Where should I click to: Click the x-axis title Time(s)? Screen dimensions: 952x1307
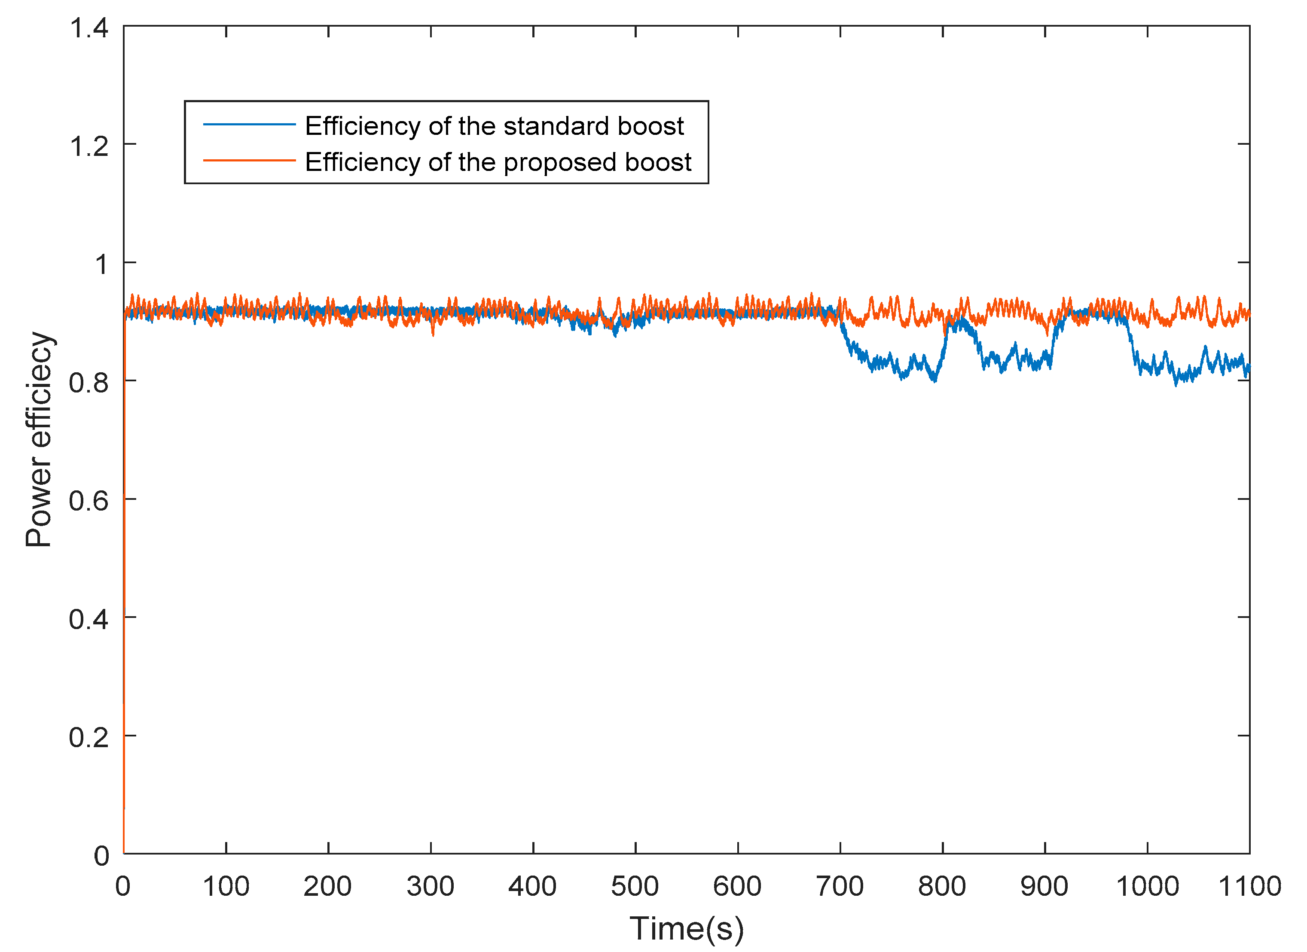[x=686, y=928]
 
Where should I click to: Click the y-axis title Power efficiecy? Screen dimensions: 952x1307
[x=39, y=439]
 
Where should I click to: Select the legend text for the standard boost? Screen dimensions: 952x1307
[x=494, y=126]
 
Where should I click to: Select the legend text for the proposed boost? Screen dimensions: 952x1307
[x=498, y=162]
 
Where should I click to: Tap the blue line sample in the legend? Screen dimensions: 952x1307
[x=249, y=125]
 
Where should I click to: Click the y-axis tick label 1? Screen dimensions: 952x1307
[x=101, y=265]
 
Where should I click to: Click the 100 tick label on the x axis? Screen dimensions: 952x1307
[x=226, y=886]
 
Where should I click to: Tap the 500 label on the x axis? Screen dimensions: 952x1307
[x=635, y=886]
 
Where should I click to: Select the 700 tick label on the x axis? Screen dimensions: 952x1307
[x=840, y=886]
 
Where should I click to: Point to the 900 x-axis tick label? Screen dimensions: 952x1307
[x=1044, y=886]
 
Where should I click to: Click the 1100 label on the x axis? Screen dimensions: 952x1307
[x=1249, y=886]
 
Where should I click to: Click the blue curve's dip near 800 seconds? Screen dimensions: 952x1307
[x=934, y=379]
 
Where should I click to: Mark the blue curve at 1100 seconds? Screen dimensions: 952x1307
[x=1248, y=369]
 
